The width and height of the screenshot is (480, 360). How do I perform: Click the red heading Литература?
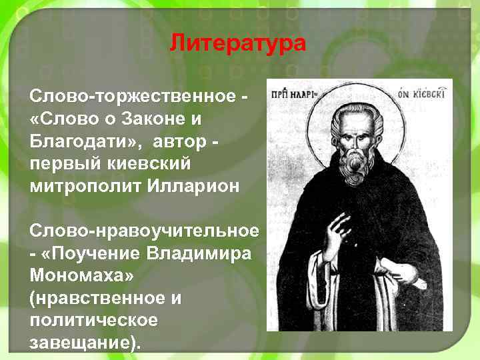click(237, 44)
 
